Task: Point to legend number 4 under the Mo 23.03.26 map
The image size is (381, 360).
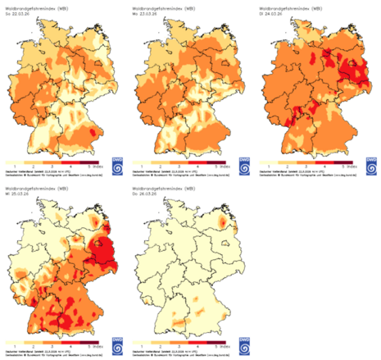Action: coord(197,165)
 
